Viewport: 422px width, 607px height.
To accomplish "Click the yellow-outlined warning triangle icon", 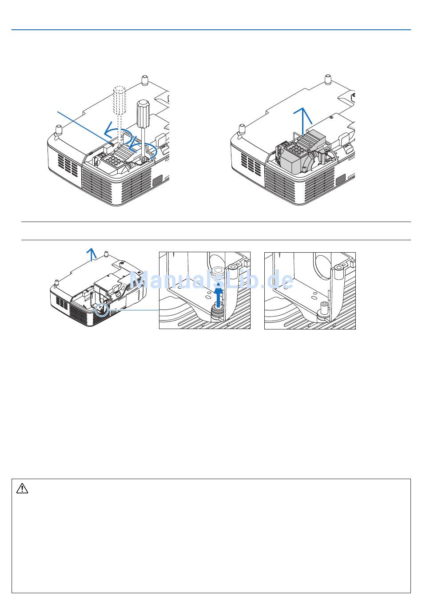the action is point(22,488).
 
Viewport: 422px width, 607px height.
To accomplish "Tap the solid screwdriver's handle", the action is point(143,113).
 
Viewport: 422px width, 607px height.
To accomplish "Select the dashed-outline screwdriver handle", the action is point(119,100).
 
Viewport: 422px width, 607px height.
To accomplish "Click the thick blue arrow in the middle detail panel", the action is point(219,297).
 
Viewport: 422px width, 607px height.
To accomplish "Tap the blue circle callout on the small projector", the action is point(102,309).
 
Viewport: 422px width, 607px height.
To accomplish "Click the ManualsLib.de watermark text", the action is point(211,279).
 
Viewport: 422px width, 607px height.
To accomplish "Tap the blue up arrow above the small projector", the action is point(92,254).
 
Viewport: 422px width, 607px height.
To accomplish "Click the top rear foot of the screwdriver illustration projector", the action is point(145,79).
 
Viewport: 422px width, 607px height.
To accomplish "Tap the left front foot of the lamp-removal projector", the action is point(242,129).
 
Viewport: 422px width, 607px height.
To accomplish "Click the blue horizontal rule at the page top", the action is point(211,30).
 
